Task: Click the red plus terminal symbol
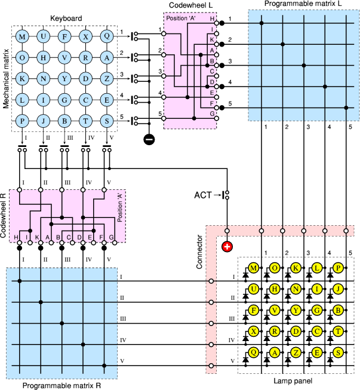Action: (x=227, y=247)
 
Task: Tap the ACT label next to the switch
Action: (x=204, y=195)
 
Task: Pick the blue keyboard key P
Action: (x=23, y=120)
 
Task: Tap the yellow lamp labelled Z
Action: (x=296, y=352)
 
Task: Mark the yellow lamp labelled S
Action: (x=338, y=352)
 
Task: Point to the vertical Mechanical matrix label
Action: (x=6, y=78)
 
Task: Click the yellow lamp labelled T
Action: (x=338, y=331)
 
